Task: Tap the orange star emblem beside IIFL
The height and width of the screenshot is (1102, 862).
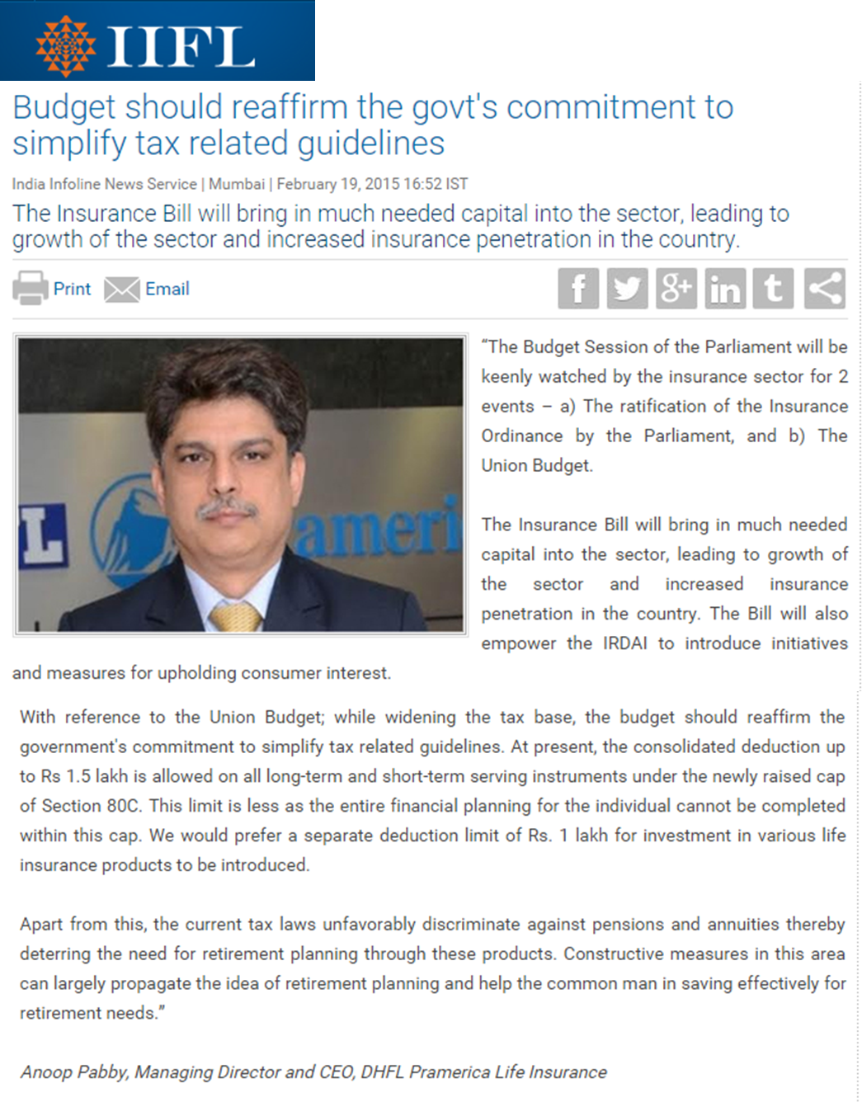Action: (x=66, y=46)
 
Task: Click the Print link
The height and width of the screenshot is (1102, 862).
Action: (x=72, y=289)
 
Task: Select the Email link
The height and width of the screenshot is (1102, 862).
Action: (x=167, y=289)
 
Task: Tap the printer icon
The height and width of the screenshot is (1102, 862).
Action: (x=31, y=289)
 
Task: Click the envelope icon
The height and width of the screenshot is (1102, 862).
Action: (x=122, y=290)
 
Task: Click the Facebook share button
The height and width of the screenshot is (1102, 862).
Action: (x=578, y=289)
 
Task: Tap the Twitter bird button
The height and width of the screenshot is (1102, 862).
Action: (x=627, y=289)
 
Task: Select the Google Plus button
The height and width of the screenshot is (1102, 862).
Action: (x=676, y=289)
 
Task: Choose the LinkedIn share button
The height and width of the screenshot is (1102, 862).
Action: (x=725, y=289)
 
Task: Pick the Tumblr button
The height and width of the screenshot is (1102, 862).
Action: (x=774, y=289)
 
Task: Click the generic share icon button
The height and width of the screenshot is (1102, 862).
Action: (x=824, y=289)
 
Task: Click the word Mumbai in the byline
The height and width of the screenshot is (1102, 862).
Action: (x=237, y=184)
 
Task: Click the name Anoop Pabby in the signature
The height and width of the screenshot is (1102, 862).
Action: (x=73, y=1072)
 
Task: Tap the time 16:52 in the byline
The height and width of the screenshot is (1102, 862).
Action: (x=425, y=184)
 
